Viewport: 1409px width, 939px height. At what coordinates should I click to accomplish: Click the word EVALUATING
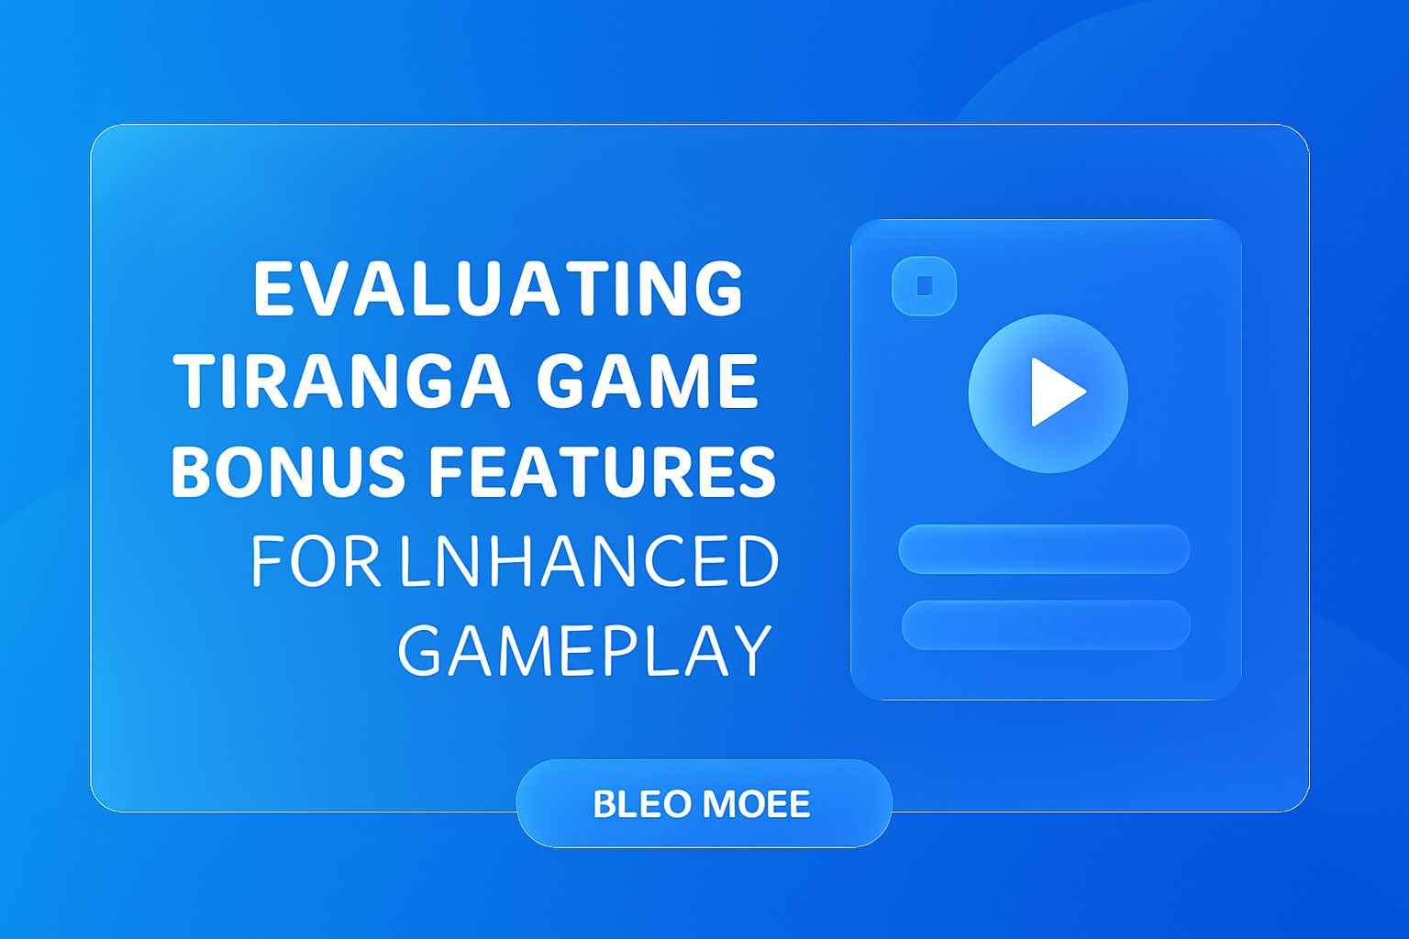click(498, 289)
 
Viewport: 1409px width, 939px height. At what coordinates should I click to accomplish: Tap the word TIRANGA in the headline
click(341, 381)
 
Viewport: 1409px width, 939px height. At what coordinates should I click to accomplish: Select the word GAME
click(647, 381)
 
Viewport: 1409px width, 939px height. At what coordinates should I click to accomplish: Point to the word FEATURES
click(603, 472)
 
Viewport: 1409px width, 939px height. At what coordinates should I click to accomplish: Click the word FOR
click(315, 561)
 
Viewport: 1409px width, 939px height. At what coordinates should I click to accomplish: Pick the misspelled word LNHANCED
click(590, 561)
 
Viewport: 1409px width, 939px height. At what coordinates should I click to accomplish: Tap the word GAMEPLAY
click(584, 651)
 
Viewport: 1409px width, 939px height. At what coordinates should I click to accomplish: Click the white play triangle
click(1055, 392)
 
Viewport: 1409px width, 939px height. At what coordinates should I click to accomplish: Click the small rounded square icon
click(925, 286)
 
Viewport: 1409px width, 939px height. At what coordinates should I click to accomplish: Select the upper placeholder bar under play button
click(1044, 549)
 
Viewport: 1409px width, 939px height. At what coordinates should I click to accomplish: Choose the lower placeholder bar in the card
click(1046, 624)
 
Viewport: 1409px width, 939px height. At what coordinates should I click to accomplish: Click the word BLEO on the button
click(641, 804)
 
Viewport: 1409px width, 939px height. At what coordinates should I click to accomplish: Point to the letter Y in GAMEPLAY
click(749, 651)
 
